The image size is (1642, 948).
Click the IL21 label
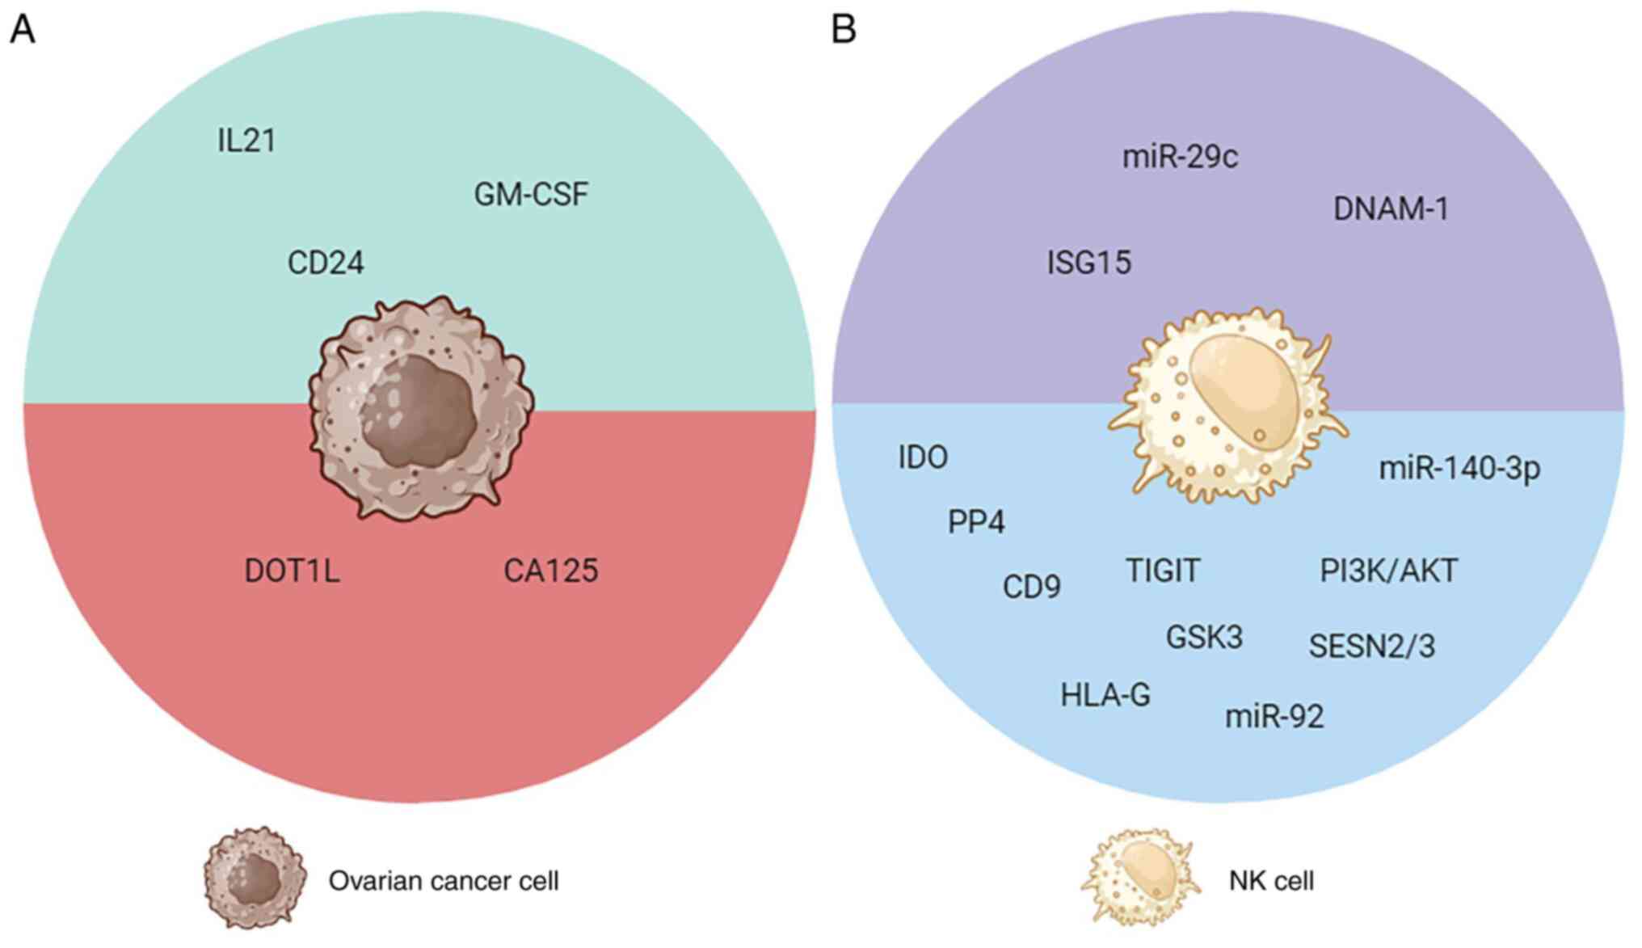pos(246,141)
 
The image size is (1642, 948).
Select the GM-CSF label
pos(531,194)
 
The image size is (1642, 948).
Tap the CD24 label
pos(326,263)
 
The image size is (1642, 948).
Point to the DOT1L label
pos(292,571)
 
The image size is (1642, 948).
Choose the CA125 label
pos(550,571)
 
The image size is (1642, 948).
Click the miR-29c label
pos(1180,156)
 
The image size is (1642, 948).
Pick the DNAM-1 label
pos(1391,209)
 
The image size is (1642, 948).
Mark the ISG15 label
pos(1088,263)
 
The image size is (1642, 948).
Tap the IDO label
pos(923,457)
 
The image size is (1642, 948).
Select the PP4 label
pos(976,522)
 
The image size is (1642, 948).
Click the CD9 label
pos(1031,587)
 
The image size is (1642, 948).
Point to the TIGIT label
pos(1163,571)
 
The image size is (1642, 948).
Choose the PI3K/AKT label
pos(1388,571)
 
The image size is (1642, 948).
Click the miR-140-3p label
pos(1459,469)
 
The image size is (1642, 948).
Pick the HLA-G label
pos(1105,695)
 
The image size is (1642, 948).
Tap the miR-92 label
pos(1274,716)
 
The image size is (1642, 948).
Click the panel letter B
pos(844,30)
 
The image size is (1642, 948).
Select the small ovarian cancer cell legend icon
pos(255,878)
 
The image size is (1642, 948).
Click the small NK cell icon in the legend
pos(1139,878)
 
